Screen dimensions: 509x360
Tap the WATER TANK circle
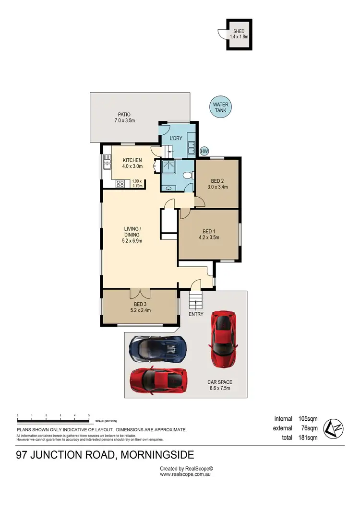tap(221, 107)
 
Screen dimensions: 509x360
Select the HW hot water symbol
tap(204, 151)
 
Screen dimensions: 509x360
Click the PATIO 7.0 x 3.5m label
tap(124, 118)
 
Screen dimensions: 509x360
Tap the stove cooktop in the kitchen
tap(120, 183)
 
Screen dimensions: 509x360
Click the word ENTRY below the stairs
tap(196, 314)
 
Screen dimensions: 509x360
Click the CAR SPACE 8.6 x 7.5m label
tap(219, 385)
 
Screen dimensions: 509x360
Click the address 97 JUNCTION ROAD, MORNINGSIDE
tap(105, 455)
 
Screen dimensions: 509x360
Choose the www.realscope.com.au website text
tap(186, 474)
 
